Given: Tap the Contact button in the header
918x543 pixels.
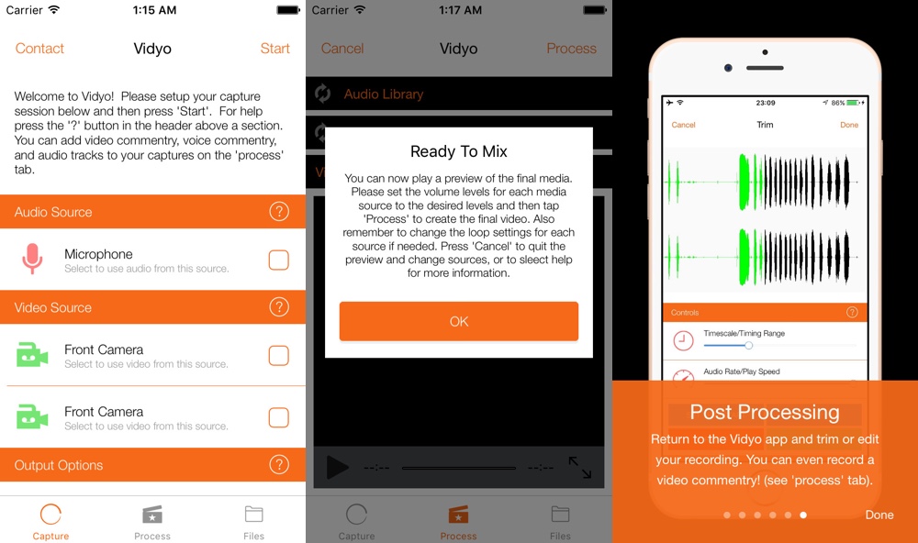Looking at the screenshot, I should coord(39,49).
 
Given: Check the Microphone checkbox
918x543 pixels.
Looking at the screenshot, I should coord(278,260).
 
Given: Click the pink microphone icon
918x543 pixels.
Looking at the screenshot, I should coord(31,260).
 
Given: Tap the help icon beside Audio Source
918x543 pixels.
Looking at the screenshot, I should coord(279,212).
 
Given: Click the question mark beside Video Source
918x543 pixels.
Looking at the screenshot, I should coord(279,307).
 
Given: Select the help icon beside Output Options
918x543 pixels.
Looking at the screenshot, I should coord(279,465).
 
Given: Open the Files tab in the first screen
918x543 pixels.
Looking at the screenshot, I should coord(254,520).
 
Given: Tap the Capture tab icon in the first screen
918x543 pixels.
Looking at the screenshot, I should coord(50,515).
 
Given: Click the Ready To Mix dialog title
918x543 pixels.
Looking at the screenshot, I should coord(459,151).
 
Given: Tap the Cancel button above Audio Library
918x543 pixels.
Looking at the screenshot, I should coord(342,49).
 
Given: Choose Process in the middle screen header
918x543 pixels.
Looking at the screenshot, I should coord(571,49).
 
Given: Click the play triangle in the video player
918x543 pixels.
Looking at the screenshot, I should coord(337,468).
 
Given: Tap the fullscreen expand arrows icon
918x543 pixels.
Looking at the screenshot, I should coord(580,468).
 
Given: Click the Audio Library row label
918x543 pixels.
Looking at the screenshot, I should coord(384,94).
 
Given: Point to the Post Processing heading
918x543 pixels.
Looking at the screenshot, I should coord(765,412).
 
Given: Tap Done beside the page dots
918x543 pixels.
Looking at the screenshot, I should coord(879,515).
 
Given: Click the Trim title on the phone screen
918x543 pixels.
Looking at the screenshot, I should coord(765,125).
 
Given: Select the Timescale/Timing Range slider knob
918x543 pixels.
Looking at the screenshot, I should coord(749,345).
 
